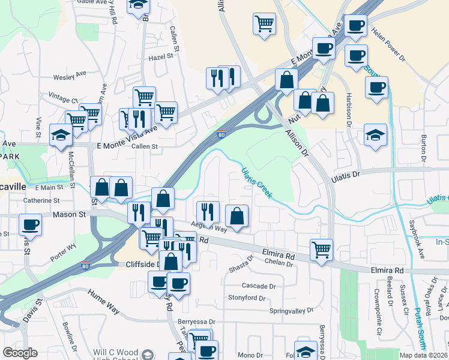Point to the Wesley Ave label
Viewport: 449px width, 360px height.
point(70,77)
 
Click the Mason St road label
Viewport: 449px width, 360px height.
point(70,214)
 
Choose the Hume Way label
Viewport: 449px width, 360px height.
point(104,299)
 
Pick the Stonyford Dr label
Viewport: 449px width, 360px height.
point(246,298)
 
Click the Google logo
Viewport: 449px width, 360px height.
point(20,352)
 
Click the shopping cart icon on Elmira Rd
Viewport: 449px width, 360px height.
point(322,248)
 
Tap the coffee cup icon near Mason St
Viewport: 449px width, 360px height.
point(30,225)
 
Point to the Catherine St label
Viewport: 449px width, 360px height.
point(41,200)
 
